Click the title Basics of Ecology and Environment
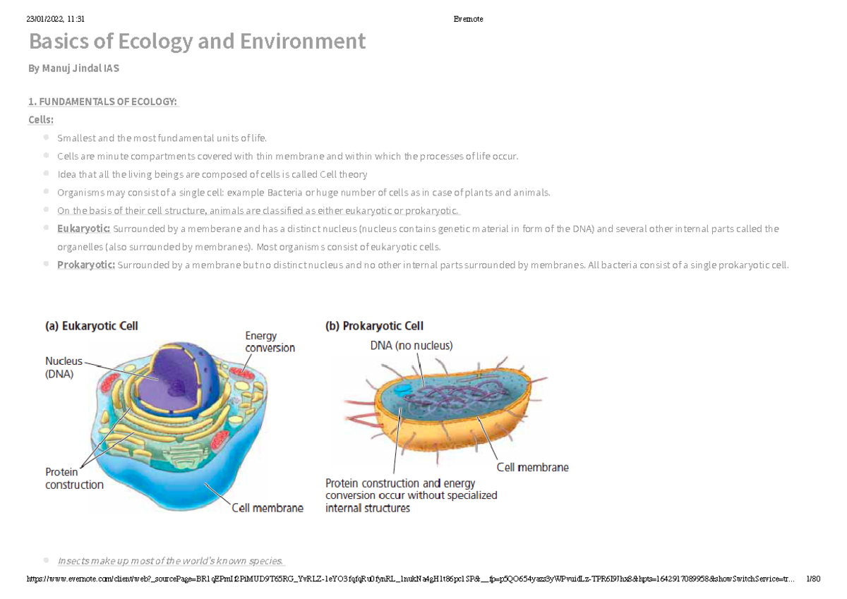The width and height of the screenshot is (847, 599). (197, 42)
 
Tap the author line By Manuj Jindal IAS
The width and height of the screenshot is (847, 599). (73, 68)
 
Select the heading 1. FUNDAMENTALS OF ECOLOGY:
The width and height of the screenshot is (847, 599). (102, 102)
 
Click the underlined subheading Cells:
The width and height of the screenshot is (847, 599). (41, 120)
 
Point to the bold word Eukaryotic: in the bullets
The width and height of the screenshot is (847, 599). (83, 229)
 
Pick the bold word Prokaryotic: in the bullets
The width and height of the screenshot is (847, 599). (85, 265)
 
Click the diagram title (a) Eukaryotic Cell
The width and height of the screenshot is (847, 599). (92, 326)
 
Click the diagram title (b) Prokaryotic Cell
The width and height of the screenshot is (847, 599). (374, 326)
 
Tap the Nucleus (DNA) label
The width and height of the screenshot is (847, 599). (64, 368)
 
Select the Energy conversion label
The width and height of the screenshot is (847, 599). (270, 341)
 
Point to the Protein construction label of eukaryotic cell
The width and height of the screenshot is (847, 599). (73, 478)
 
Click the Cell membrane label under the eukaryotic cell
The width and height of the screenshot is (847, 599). (268, 508)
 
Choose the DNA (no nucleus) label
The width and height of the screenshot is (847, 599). (412, 346)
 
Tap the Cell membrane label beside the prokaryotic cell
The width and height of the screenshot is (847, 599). (532, 467)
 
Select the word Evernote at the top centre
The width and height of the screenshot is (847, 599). (468, 19)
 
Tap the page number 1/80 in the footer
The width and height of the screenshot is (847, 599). (812, 579)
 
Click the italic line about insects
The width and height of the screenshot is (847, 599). (170, 561)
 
